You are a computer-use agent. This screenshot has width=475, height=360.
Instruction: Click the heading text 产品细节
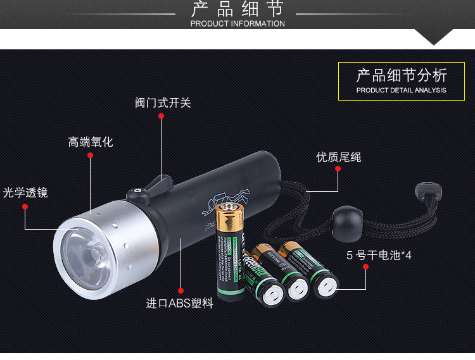(x=237, y=9)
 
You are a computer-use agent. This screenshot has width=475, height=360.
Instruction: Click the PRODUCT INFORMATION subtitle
(x=237, y=23)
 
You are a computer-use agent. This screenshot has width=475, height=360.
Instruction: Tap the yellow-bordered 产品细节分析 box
(x=402, y=81)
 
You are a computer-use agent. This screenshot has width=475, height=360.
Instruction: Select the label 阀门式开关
(x=162, y=102)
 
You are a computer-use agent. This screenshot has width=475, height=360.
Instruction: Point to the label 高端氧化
(x=91, y=142)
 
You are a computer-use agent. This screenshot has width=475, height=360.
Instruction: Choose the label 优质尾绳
(x=339, y=157)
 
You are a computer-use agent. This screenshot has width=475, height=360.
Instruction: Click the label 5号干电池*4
(x=379, y=256)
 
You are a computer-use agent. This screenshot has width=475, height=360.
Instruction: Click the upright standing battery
(x=230, y=250)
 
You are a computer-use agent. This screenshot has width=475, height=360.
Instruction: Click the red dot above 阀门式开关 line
(x=161, y=116)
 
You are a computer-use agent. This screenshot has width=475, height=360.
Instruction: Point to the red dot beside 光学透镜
(x=25, y=206)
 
